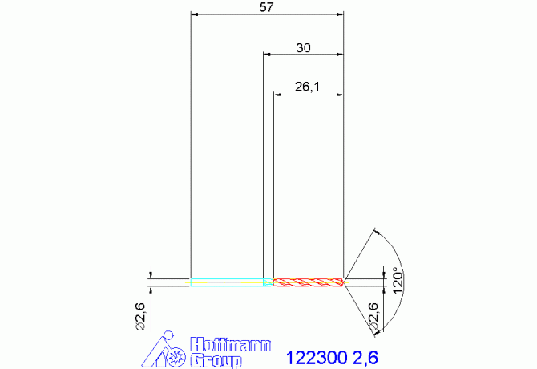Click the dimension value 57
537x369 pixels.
point(266,7)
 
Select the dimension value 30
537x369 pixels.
point(304,47)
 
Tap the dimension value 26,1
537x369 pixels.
point(307,87)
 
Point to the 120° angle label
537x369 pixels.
point(398,280)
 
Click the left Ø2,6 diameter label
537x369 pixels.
point(140,317)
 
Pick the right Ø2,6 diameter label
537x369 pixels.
point(373,317)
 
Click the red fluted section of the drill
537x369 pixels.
point(308,282)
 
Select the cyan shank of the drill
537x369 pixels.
point(227,282)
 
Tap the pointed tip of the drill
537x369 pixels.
point(345,282)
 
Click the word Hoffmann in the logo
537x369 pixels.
point(231,345)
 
